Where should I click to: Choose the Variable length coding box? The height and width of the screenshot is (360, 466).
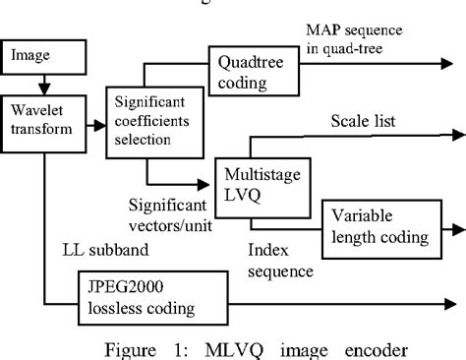(380, 228)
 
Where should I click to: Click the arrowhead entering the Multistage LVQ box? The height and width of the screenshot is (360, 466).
(214, 182)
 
